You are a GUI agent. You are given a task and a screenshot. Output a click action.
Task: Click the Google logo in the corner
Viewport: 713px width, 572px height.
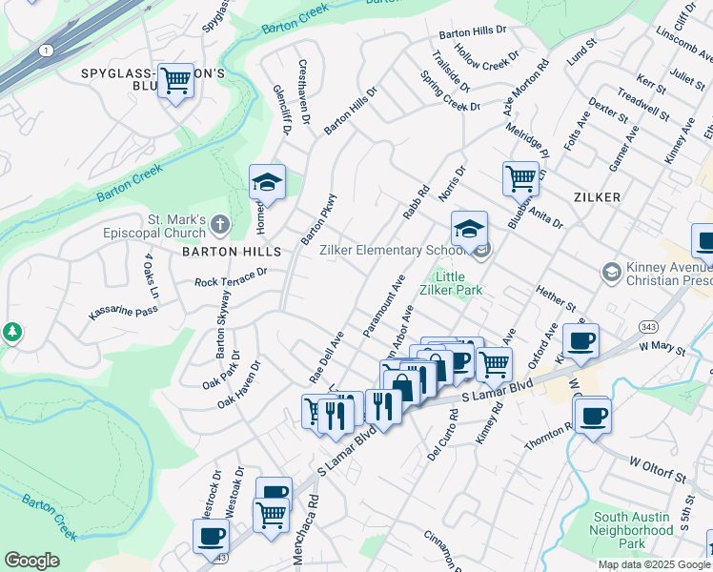tap(31, 561)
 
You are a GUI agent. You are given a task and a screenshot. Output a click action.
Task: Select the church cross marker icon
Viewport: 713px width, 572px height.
tap(219, 225)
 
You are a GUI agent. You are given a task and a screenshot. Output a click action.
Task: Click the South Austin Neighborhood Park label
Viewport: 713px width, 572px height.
tap(632, 529)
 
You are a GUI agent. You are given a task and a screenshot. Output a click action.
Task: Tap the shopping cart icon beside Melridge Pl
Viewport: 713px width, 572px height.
tap(520, 177)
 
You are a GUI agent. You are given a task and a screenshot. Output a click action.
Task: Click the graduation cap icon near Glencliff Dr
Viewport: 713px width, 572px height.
tap(268, 182)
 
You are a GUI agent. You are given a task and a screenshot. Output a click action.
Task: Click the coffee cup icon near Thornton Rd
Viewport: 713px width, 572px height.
tap(592, 415)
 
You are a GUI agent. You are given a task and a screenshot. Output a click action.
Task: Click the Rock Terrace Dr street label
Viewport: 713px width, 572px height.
tap(232, 277)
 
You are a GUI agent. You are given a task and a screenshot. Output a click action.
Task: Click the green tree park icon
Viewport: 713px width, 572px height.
tap(11, 333)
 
